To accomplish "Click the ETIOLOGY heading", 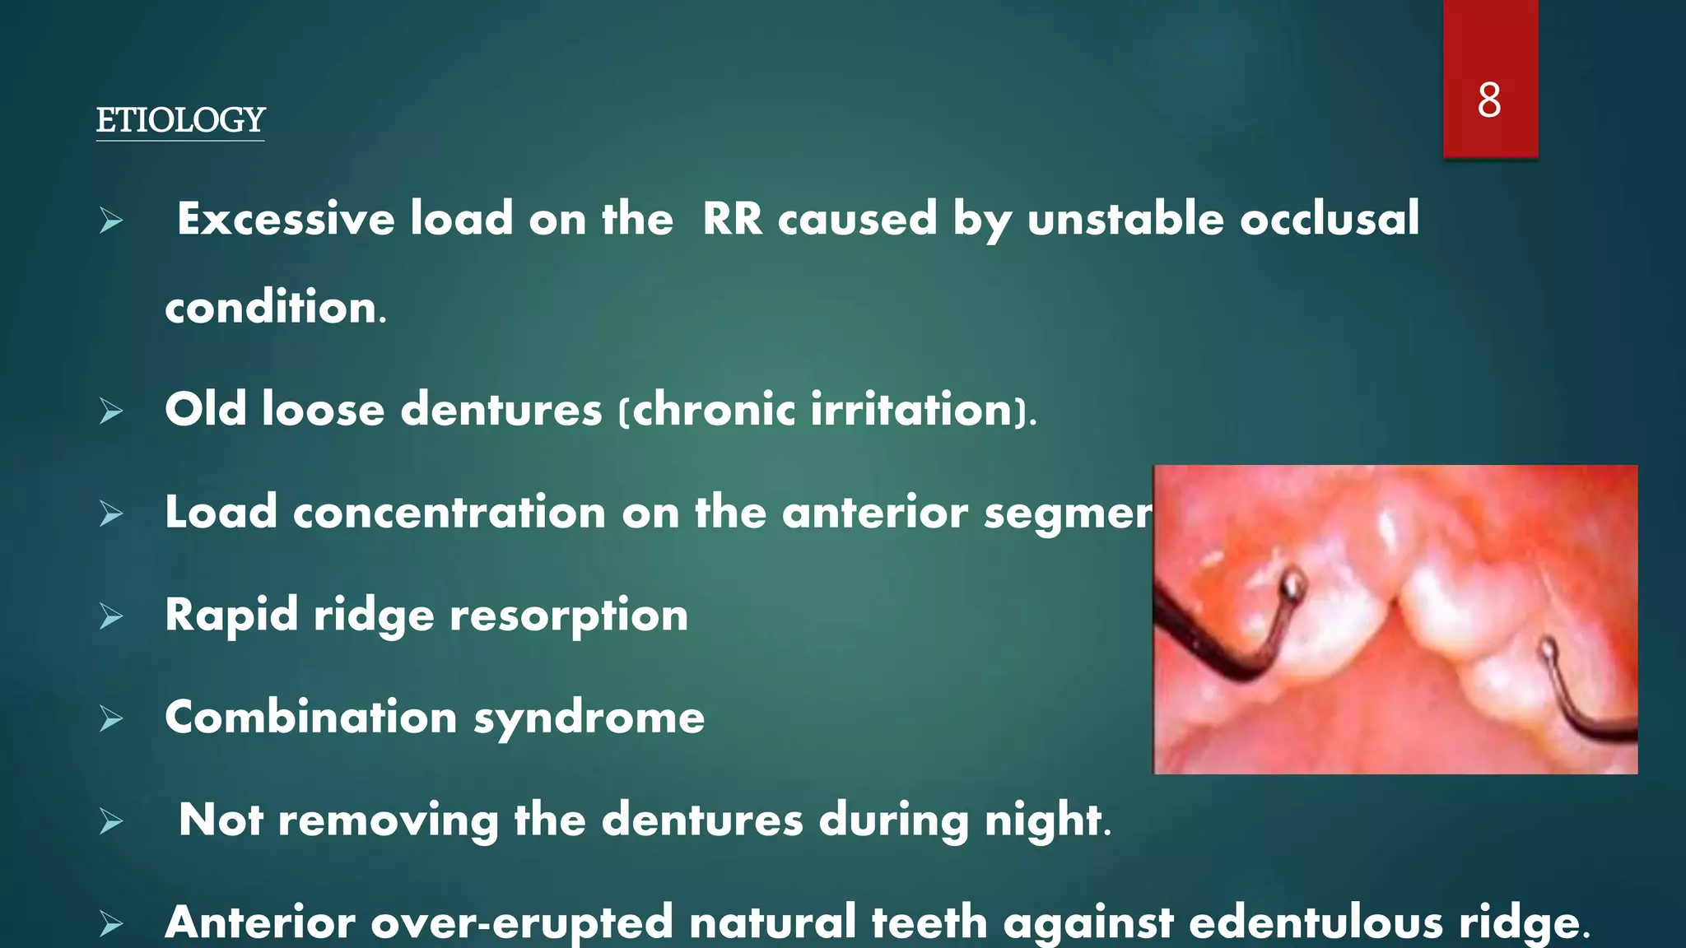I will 180,120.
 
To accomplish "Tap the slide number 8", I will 1488,100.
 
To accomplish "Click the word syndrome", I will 589,718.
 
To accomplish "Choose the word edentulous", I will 1316,922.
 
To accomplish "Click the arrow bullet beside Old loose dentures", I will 111,411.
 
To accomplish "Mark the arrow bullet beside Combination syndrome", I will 111,719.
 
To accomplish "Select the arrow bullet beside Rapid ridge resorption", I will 111,616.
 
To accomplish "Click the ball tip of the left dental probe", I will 1292,586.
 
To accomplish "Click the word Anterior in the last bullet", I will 260,922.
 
